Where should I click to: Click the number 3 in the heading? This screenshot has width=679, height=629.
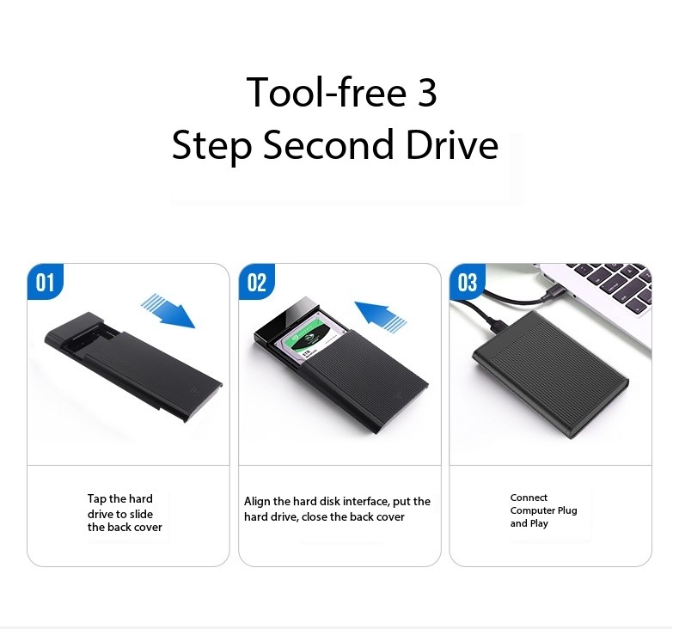pos(427,93)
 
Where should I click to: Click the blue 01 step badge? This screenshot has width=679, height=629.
pos(44,283)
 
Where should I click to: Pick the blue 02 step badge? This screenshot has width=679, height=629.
pos(256,283)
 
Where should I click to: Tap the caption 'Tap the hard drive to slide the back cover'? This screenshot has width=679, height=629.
pos(125,513)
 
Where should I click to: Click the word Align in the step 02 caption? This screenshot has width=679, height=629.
pos(257,502)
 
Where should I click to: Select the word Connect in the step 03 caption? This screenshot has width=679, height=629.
pos(529,498)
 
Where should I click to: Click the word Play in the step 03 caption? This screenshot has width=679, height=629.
pos(540,523)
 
